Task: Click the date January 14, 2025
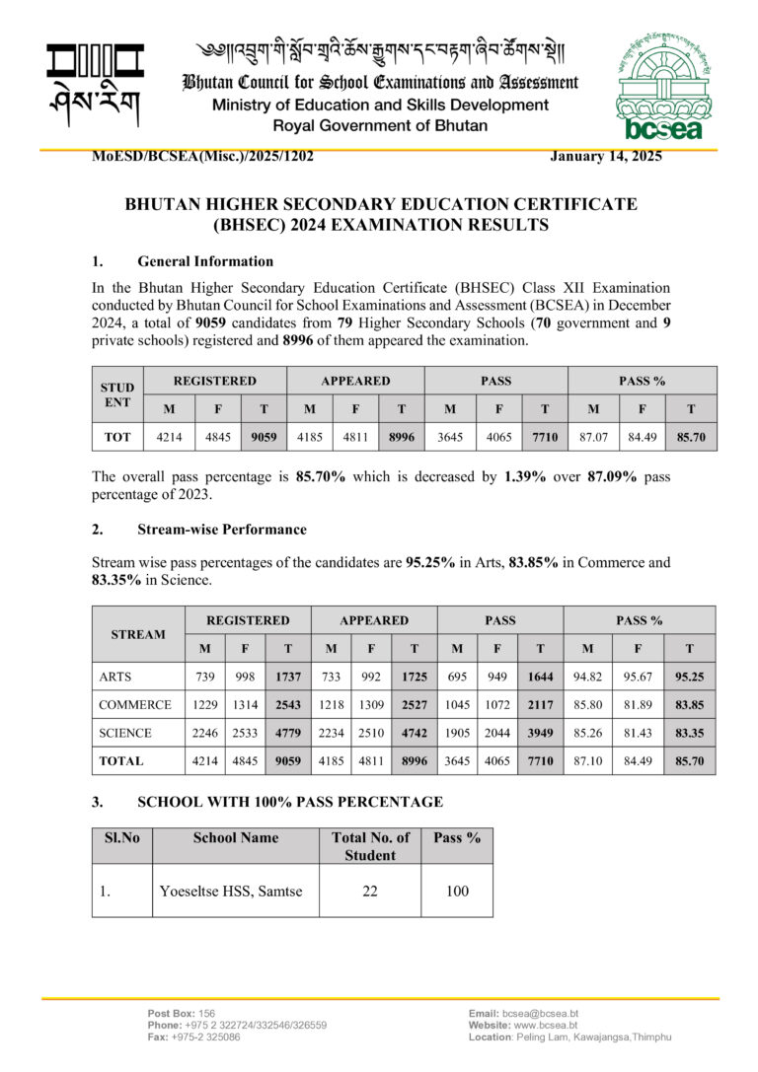point(605,156)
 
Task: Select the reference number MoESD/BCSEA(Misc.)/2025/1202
point(202,156)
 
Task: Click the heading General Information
point(205,261)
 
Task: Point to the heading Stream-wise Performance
point(222,530)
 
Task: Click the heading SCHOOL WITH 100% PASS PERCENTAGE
point(290,802)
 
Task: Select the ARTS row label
point(117,677)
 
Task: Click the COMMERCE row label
point(135,705)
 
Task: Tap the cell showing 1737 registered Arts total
point(286,677)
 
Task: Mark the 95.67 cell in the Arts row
point(639,677)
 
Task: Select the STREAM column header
point(138,634)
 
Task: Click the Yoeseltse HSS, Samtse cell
point(231,892)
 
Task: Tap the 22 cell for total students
point(370,892)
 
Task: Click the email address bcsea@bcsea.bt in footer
point(540,1014)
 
